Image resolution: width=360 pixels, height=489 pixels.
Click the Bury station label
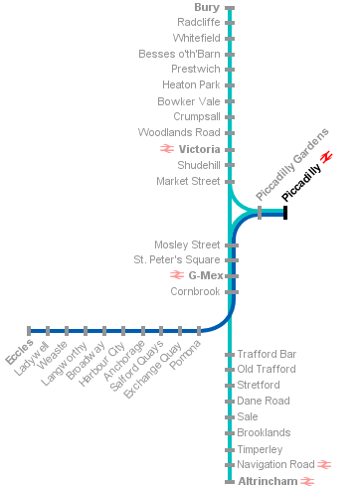click(x=207, y=7)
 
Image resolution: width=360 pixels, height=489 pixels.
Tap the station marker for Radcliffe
click(x=230, y=23)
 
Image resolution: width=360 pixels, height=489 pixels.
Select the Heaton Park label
click(x=191, y=84)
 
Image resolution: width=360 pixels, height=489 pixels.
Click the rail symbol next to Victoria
click(x=167, y=149)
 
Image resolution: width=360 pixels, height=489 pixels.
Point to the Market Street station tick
click(x=230, y=182)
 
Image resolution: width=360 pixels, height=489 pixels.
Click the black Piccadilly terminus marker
click(x=285, y=213)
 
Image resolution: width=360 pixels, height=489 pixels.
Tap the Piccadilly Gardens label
click(x=292, y=165)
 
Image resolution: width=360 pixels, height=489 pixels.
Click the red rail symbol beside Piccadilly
click(x=327, y=157)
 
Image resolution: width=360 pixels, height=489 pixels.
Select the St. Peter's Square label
click(x=177, y=259)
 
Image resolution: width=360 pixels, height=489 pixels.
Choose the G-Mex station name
click(x=206, y=275)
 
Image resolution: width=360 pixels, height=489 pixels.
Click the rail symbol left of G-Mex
click(x=177, y=275)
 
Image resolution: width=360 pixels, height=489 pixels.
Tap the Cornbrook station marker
click(x=232, y=292)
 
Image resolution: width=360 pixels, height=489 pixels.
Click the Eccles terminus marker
click(x=29, y=331)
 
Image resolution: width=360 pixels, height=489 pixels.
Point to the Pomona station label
click(x=185, y=355)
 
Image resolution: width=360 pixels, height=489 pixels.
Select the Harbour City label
click(x=101, y=364)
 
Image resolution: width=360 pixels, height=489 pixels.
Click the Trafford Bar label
click(x=267, y=354)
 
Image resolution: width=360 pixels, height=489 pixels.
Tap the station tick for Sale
click(x=230, y=417)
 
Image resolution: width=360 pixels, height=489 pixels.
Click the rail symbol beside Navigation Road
click(x=324, y=465)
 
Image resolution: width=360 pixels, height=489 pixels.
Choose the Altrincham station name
click(x=268, y=481)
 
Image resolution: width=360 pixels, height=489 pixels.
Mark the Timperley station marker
click(x=230, y=450)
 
